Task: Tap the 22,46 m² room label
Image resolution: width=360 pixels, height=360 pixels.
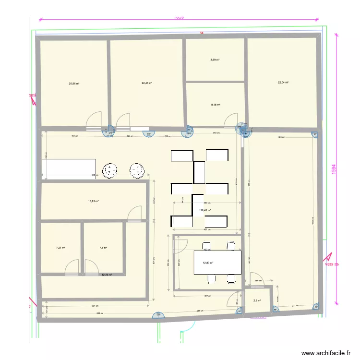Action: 146,83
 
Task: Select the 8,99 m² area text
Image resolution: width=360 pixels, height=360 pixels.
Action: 215,60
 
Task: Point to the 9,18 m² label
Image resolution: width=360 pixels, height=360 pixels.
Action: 216,104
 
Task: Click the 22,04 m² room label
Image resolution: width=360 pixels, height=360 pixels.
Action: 283,83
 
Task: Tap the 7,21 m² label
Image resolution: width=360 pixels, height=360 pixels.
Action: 60,248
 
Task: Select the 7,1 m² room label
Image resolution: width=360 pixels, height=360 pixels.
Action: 103,248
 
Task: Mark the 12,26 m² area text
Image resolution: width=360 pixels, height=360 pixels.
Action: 106,275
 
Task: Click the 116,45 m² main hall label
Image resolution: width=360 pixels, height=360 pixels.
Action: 205,210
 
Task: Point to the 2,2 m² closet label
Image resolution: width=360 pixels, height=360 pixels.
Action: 257,301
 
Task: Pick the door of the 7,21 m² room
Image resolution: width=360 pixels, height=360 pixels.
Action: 72,267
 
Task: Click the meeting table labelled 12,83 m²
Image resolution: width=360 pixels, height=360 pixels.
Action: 217,263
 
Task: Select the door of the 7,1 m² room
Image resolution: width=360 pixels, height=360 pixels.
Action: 92,267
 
